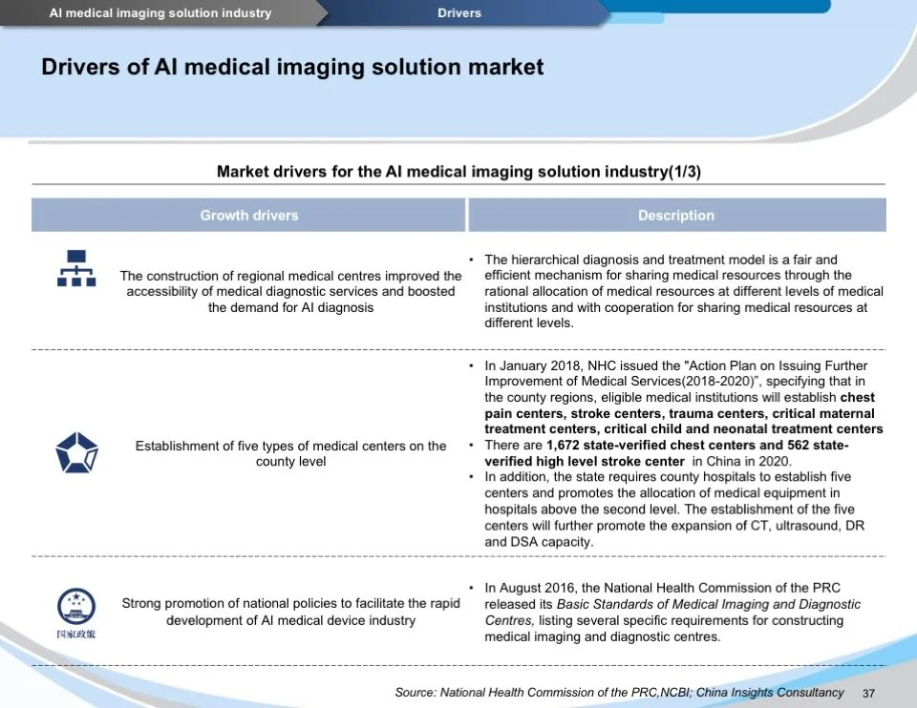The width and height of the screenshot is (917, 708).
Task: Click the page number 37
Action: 869,693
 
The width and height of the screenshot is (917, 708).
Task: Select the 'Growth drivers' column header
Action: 249,216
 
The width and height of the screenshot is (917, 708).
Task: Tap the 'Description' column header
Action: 676,216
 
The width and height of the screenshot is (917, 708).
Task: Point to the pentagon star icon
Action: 76,452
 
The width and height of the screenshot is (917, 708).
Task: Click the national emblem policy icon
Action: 76,612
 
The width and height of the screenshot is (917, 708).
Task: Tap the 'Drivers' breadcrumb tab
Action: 459,13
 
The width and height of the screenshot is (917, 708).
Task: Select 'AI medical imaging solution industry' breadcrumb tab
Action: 160,13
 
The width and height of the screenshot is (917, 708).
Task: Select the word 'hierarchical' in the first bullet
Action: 548,260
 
